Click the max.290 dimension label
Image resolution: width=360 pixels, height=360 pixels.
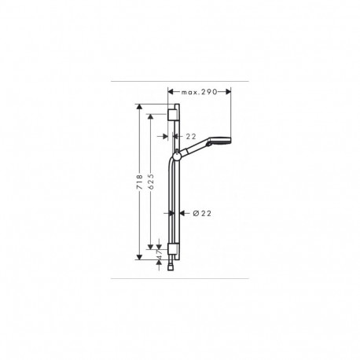199,92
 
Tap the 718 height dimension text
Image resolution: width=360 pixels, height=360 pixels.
140,182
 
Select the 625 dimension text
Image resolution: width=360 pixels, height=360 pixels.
151,182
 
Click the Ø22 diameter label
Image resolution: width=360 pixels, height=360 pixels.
202,214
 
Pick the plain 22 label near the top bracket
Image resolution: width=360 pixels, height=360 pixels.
191,136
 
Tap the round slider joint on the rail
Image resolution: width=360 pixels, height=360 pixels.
176,156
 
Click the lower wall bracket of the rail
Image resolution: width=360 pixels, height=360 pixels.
171,249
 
